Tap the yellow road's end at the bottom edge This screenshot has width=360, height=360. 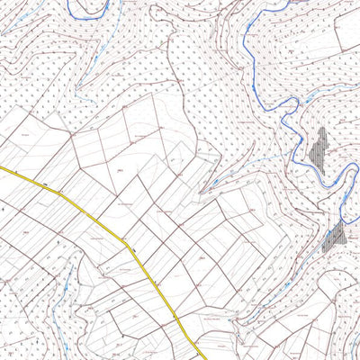click(x=195, y=358)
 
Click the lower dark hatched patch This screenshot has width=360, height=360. click(x=334, y=236)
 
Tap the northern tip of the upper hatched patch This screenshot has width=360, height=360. click(x=321, y=129)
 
